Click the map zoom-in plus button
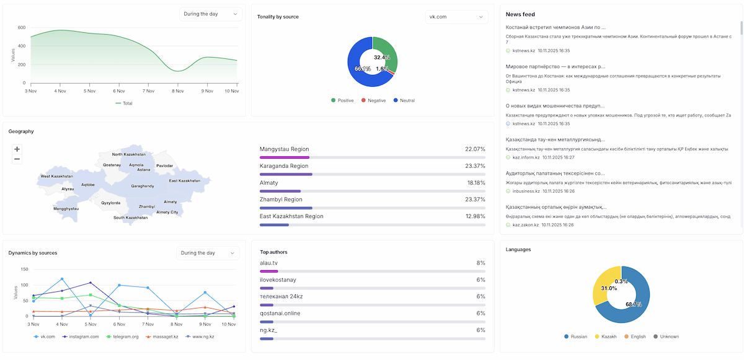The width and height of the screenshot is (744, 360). click(x=17, y=149)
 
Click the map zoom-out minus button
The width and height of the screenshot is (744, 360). click(x=17, y=159)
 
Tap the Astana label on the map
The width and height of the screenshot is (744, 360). click(x=144, y=169)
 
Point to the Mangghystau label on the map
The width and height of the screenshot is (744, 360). click(x=66, y=209)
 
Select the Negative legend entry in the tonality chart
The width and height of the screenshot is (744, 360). click(x=373, y=100)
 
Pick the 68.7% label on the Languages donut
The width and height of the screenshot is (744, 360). click(x=633, y=304)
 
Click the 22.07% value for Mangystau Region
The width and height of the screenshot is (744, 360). click(x=475, y=149)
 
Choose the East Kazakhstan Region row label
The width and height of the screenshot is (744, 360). click(x=291, y=216)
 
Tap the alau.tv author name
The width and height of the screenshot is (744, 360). click(x=270, y=263)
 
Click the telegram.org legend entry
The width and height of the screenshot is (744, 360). click(x=123, y=336)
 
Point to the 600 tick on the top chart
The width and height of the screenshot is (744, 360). click(x=21, y=28)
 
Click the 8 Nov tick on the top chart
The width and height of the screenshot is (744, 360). click(x=178, y=91)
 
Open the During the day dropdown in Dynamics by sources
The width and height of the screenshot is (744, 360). click(x=208, y=253)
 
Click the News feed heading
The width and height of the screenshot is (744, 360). click(x=520, y=14)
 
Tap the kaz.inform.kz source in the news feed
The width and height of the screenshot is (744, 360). click(x=525, y=157)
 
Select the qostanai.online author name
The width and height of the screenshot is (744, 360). click(x=280, y=313)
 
